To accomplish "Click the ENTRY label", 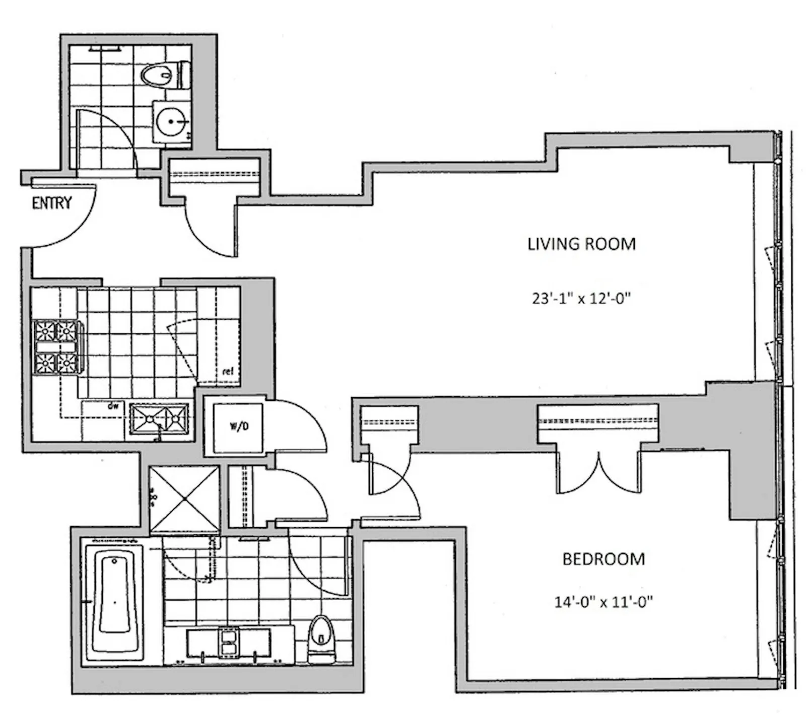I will point(52,203).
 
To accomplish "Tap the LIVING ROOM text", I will point(581,244).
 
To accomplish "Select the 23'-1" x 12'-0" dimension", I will point(581,299).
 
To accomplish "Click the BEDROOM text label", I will point(603,559).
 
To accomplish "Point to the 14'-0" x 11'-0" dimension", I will point(603,602).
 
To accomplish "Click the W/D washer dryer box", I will point(238,426).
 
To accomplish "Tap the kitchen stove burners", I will point(55,346).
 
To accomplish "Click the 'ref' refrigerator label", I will point(228,372).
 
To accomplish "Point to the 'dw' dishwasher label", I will point(113,405).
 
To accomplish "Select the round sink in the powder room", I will point(171,121).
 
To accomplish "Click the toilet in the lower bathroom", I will point(321,637).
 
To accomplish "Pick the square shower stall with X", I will point(185,498).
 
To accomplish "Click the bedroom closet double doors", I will point(598,473).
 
